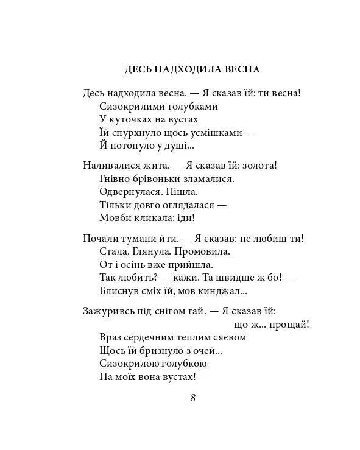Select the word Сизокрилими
click(x=128, y=106)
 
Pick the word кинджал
click(x=227, y=290)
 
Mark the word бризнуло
click(x=160, y=350)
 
